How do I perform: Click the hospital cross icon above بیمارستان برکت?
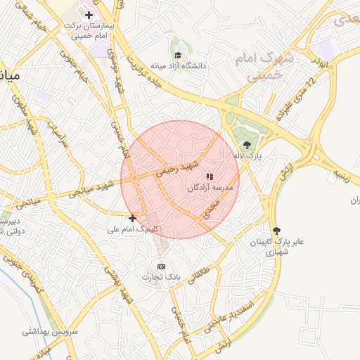pos(89,15)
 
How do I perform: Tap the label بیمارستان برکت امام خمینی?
pos(89,29)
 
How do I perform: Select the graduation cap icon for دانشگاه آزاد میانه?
pos(177,55)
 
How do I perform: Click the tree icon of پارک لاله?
pos(245,145)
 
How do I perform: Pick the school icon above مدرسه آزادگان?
pos(209,176)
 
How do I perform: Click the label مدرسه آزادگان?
pos(209,188)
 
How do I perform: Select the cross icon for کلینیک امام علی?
pos(131,218)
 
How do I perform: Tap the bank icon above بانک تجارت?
pos(161,266)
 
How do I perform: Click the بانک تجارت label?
pos(162,278)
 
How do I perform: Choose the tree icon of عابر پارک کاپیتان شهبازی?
pos(276,230)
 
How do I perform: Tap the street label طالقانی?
pos(205,266)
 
